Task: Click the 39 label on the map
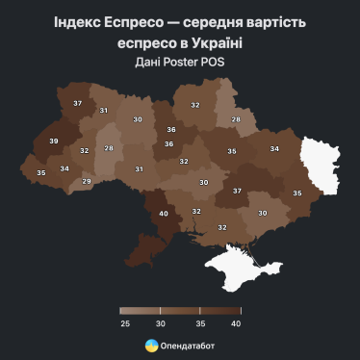53,141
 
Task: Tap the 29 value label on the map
87,181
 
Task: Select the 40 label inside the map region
163,213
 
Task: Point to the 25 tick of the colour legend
125,323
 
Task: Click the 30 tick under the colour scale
162,323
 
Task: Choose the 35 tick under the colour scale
200,323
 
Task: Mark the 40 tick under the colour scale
236,323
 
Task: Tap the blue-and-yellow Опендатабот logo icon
151,345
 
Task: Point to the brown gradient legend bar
180,311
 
